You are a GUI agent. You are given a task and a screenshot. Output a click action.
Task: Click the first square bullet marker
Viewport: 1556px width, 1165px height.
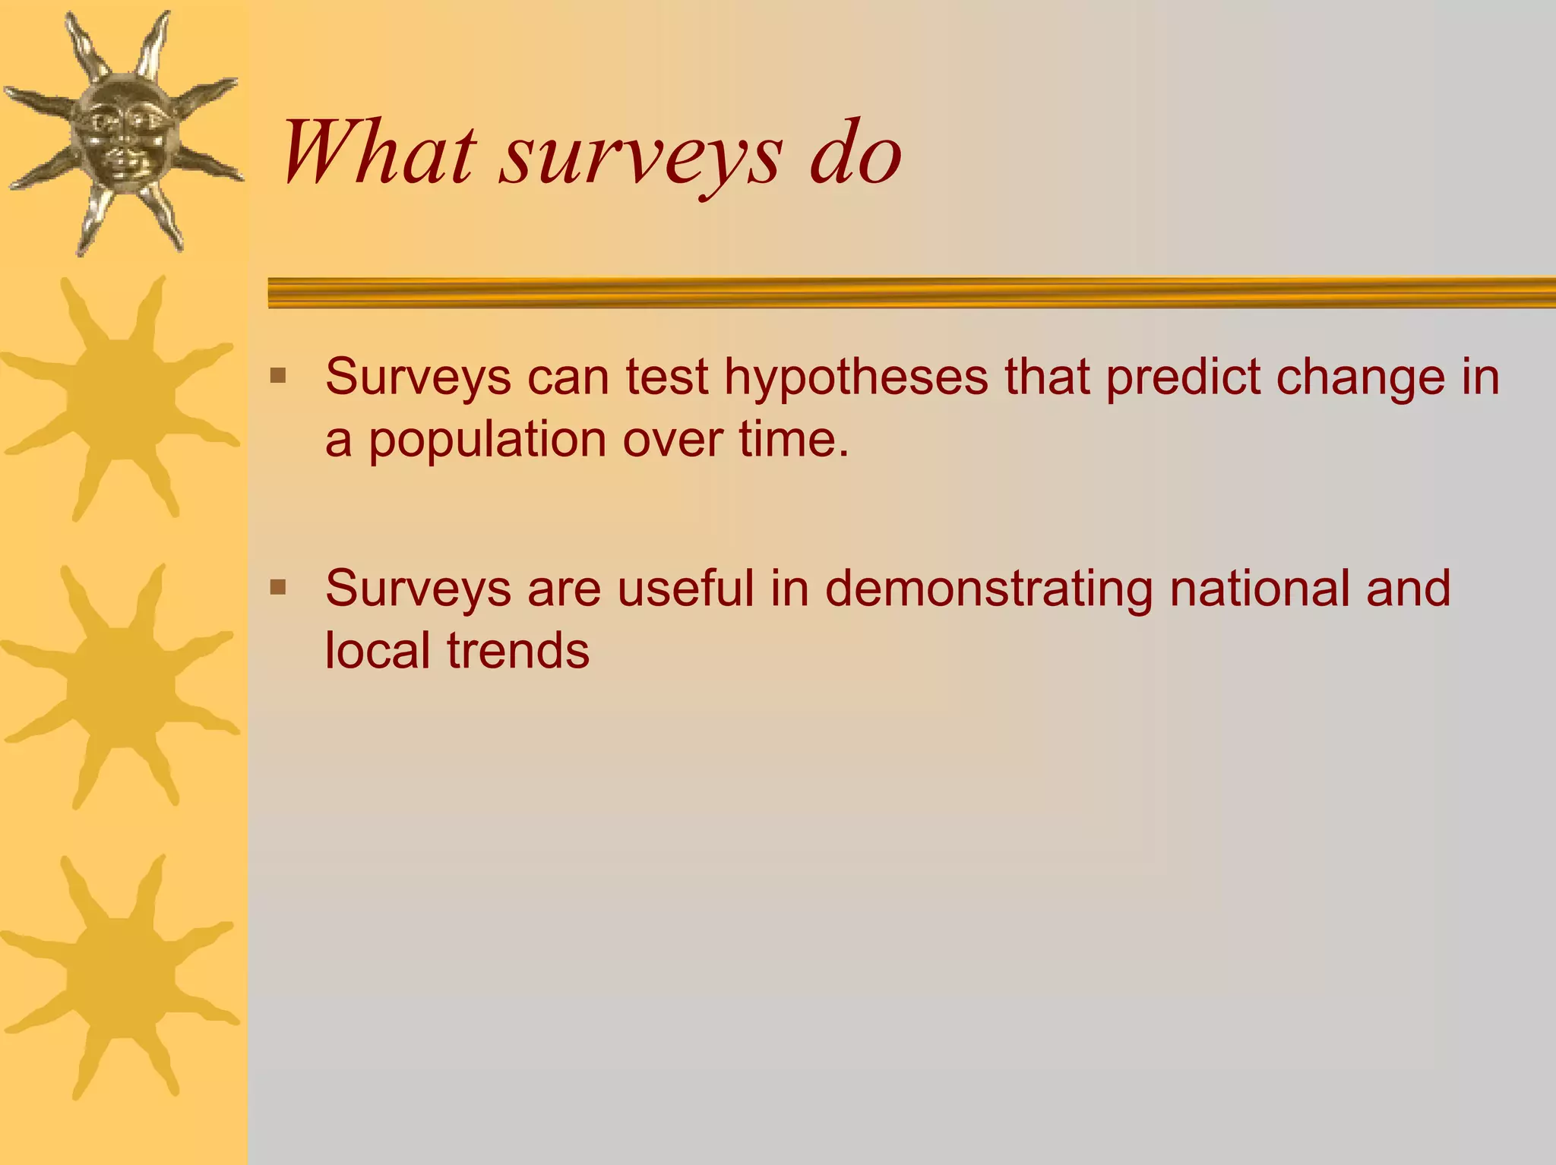point(278,376)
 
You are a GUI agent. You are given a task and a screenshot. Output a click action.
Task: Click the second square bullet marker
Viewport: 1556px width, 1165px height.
point(278,587)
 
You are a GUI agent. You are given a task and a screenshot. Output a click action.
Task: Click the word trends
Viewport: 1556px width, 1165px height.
point(517,651)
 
